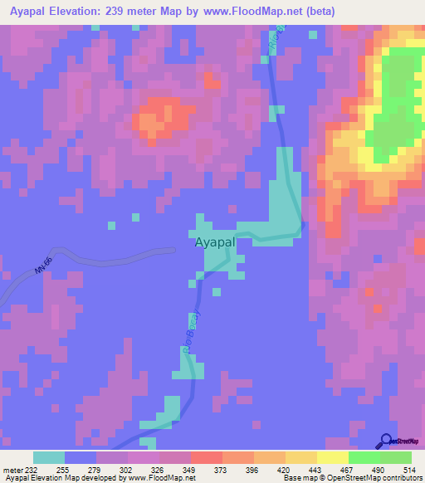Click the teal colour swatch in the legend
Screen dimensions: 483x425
tap(49, 457)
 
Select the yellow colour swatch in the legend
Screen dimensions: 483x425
tap(332, 457)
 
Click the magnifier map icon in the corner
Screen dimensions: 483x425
tap(387, 440)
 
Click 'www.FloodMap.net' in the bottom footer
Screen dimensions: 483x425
tap(153, 478)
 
